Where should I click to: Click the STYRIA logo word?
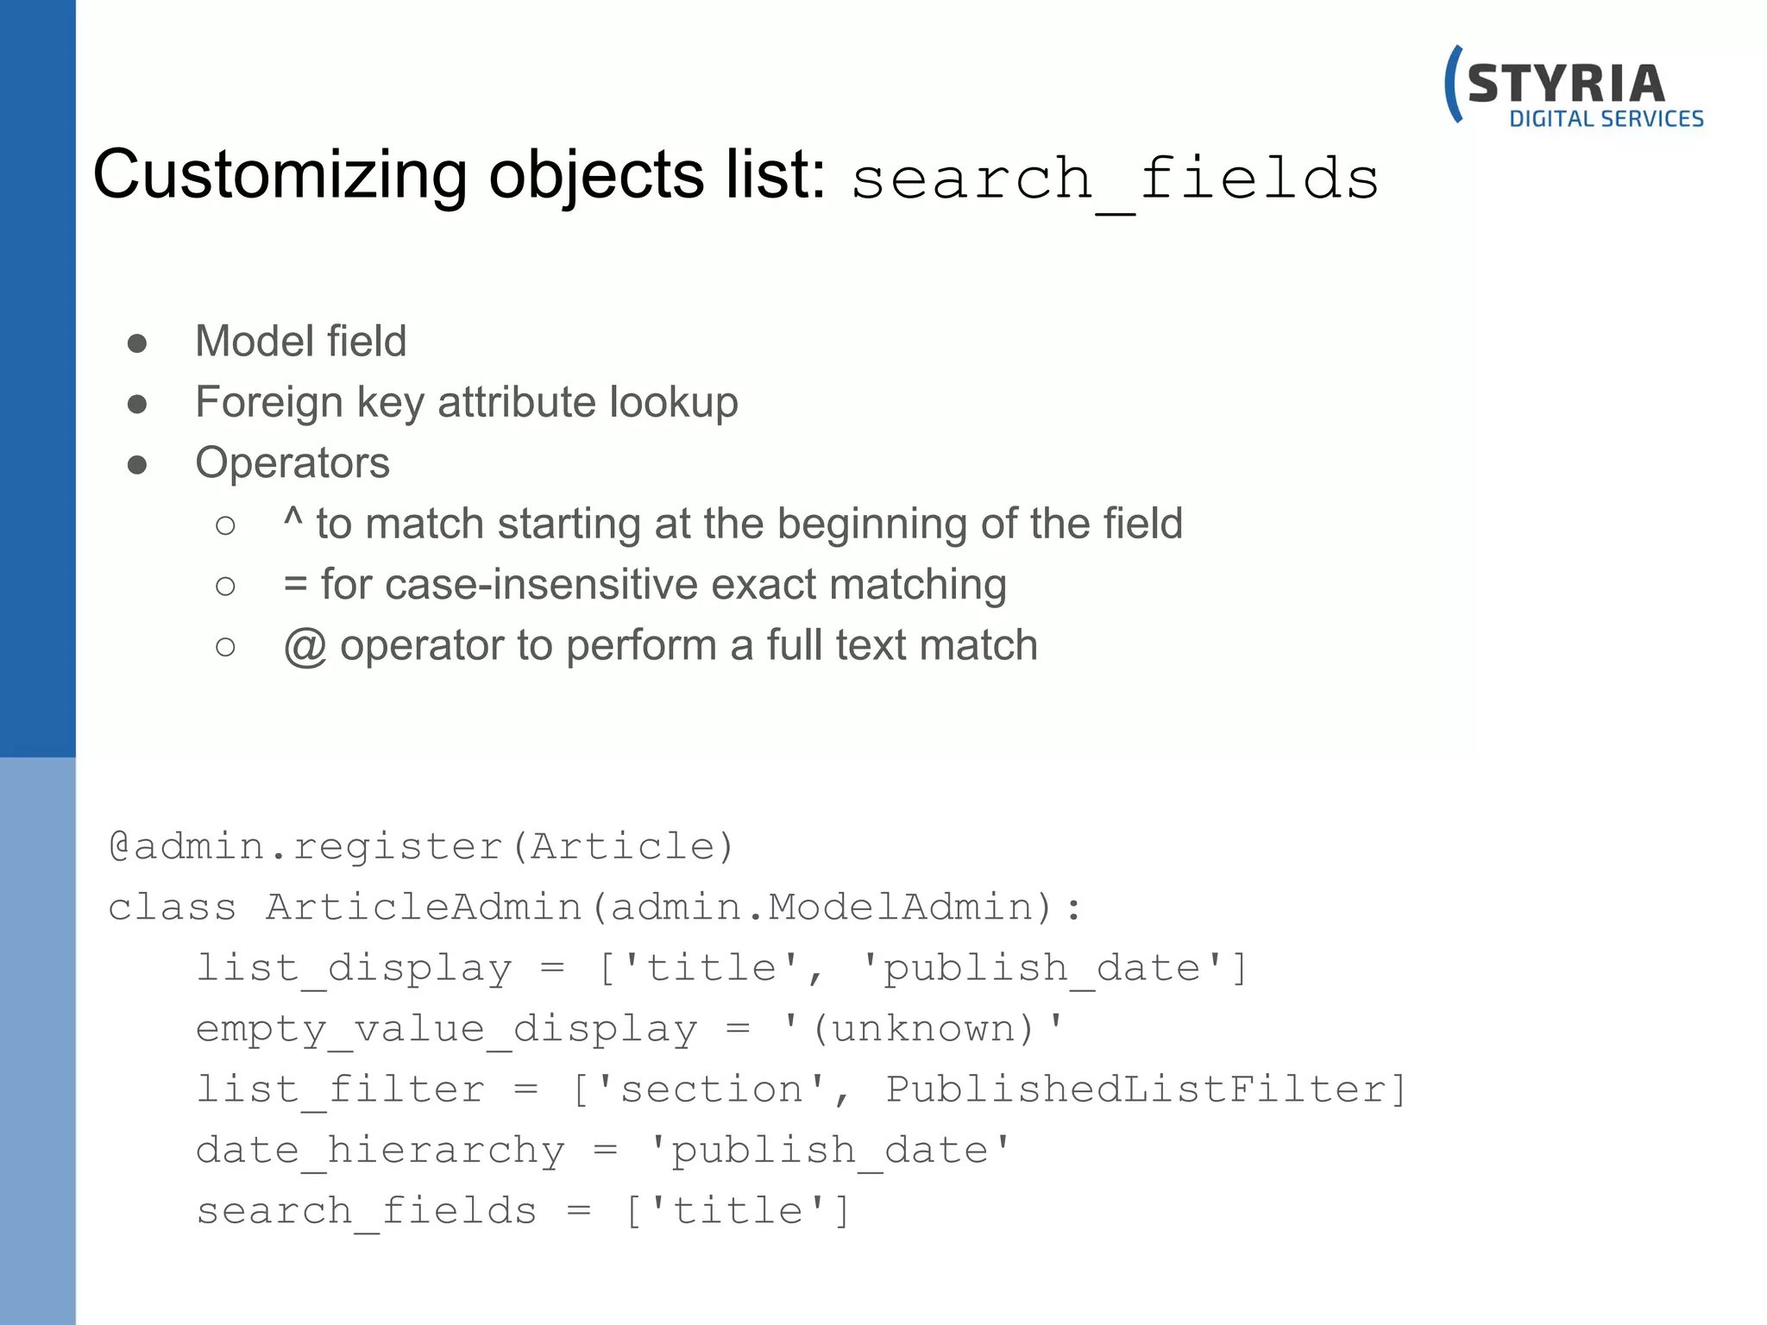coord(1565,85)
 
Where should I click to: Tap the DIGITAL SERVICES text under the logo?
coord(1606,119)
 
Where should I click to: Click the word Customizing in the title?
coord(279,175)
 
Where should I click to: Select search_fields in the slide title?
coord(1115,179)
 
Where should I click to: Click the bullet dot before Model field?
coord(137,343)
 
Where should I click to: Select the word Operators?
coord(292,462)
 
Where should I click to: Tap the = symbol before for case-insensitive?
coord(295,585)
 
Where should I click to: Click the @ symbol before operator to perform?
coord(305,646)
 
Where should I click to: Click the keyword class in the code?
coord(172,907)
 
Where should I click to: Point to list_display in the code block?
coord(354,968)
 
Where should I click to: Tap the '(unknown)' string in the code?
coord(923,1028)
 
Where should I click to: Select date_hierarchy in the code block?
coord(380,1150)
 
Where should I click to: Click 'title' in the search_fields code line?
coord(737,1210)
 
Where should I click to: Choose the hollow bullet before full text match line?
coord(225,646)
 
